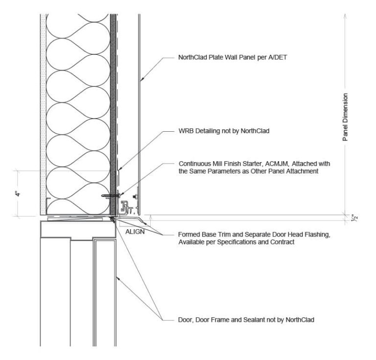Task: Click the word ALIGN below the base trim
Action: click(134, 232)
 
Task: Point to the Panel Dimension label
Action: click(345, 117)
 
